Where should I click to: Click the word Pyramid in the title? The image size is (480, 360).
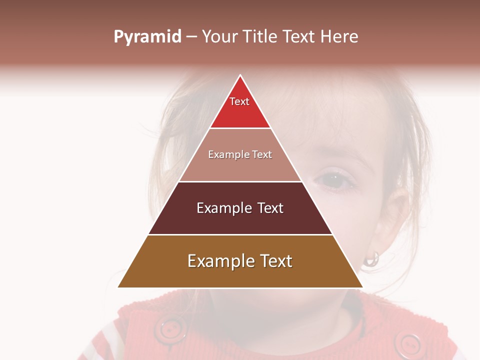click(147, 37)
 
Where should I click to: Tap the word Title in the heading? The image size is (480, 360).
click(259, 37)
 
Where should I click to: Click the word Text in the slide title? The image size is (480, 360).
click(298, 37)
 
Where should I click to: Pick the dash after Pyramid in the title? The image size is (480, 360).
click(191, 37)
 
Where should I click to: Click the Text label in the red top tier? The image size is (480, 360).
click(239, 101)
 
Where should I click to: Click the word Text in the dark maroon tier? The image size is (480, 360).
click(270, 208)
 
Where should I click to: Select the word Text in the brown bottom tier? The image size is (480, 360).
click(276, 261)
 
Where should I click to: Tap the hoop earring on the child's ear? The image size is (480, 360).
click(371, 258)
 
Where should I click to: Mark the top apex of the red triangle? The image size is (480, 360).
click(240, 75)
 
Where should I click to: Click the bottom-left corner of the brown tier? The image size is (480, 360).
click(118, 287)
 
